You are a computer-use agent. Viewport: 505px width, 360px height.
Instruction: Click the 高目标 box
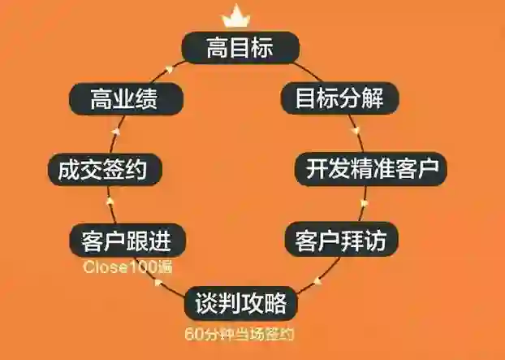[240, 48]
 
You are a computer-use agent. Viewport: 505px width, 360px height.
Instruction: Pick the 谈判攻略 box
[240, 304]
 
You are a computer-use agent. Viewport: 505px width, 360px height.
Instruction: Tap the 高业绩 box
[123, 99]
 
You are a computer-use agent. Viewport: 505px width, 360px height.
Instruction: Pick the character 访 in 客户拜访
[385, 241]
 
